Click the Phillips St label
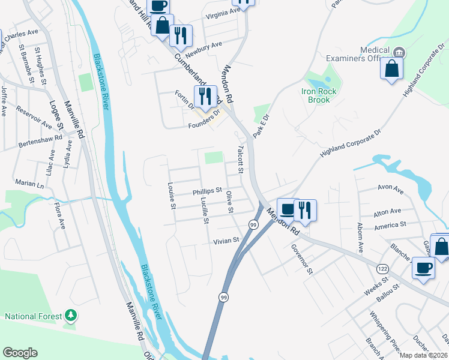click(207, 191)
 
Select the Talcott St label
click(240, 160)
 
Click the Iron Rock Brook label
click(316, 95)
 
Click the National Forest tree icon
click(71, 315)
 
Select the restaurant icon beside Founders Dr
click(205, 97)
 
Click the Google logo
click(20, 353)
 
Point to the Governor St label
click(303, 259)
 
